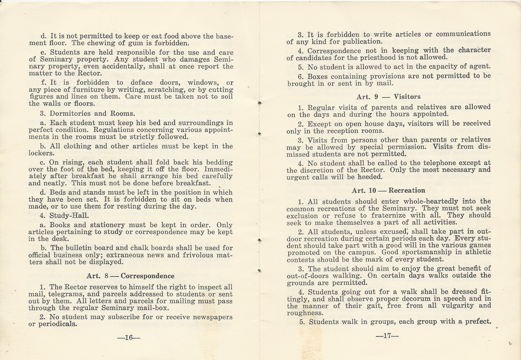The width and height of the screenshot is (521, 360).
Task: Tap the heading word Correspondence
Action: coord(148,276)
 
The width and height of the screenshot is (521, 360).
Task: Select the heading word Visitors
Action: coord(407,97)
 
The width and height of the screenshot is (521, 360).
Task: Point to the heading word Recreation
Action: coord(407,190)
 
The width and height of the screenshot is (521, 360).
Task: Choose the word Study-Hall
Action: coord(65,215)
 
